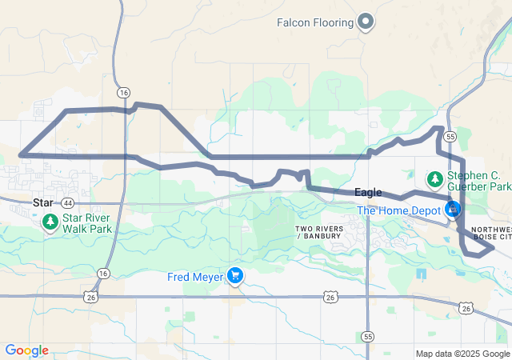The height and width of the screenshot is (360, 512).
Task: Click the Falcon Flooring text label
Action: (314, 22)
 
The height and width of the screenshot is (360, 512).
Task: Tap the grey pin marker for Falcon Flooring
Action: (366, 22)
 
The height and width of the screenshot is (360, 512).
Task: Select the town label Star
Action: (42, 203)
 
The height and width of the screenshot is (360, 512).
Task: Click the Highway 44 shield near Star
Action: (67, 203)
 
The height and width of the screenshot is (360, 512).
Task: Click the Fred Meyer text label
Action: (195, 277)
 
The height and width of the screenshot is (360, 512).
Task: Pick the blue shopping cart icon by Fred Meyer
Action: (235, 277)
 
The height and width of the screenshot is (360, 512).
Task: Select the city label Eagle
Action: (368, 193)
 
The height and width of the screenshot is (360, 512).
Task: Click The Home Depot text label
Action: (400, 211)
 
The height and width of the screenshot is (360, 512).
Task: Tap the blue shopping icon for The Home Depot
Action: (454, 210)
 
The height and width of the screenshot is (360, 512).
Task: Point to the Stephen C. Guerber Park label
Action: (478, 181)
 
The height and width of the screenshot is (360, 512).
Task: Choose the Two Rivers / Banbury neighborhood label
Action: (320, 233)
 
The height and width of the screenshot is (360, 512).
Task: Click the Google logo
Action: (27, 350)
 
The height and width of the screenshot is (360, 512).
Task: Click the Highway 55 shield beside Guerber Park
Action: (450, 137)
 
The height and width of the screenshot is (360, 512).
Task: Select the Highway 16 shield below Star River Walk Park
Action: (102, 274)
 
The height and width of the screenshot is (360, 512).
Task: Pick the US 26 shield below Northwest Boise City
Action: (466, 308)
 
